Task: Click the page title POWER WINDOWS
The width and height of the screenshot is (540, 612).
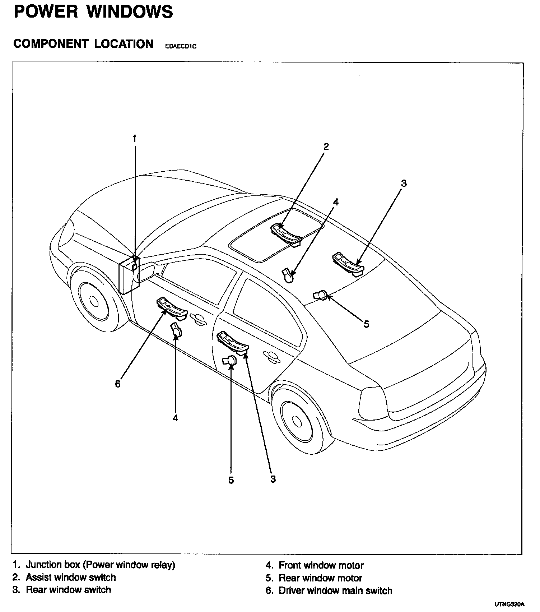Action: click(x=93, y=11)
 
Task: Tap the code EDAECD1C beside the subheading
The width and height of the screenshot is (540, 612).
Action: click(x=181, y=46)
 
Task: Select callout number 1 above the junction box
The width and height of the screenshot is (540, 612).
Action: click(x=135, y=138)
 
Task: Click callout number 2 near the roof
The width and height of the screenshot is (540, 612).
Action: click(x=326, y=146)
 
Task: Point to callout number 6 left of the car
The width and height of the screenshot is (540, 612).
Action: click(x=118, y=384)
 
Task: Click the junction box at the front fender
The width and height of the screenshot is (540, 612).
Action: click(x=129, y=275)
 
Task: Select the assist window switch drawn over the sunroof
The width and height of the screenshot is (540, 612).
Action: click(x=287, y=234)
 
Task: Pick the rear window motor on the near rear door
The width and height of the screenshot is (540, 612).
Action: click(x=230, y=360)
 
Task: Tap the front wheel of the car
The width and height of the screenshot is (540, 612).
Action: click(x=94, y=301)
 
